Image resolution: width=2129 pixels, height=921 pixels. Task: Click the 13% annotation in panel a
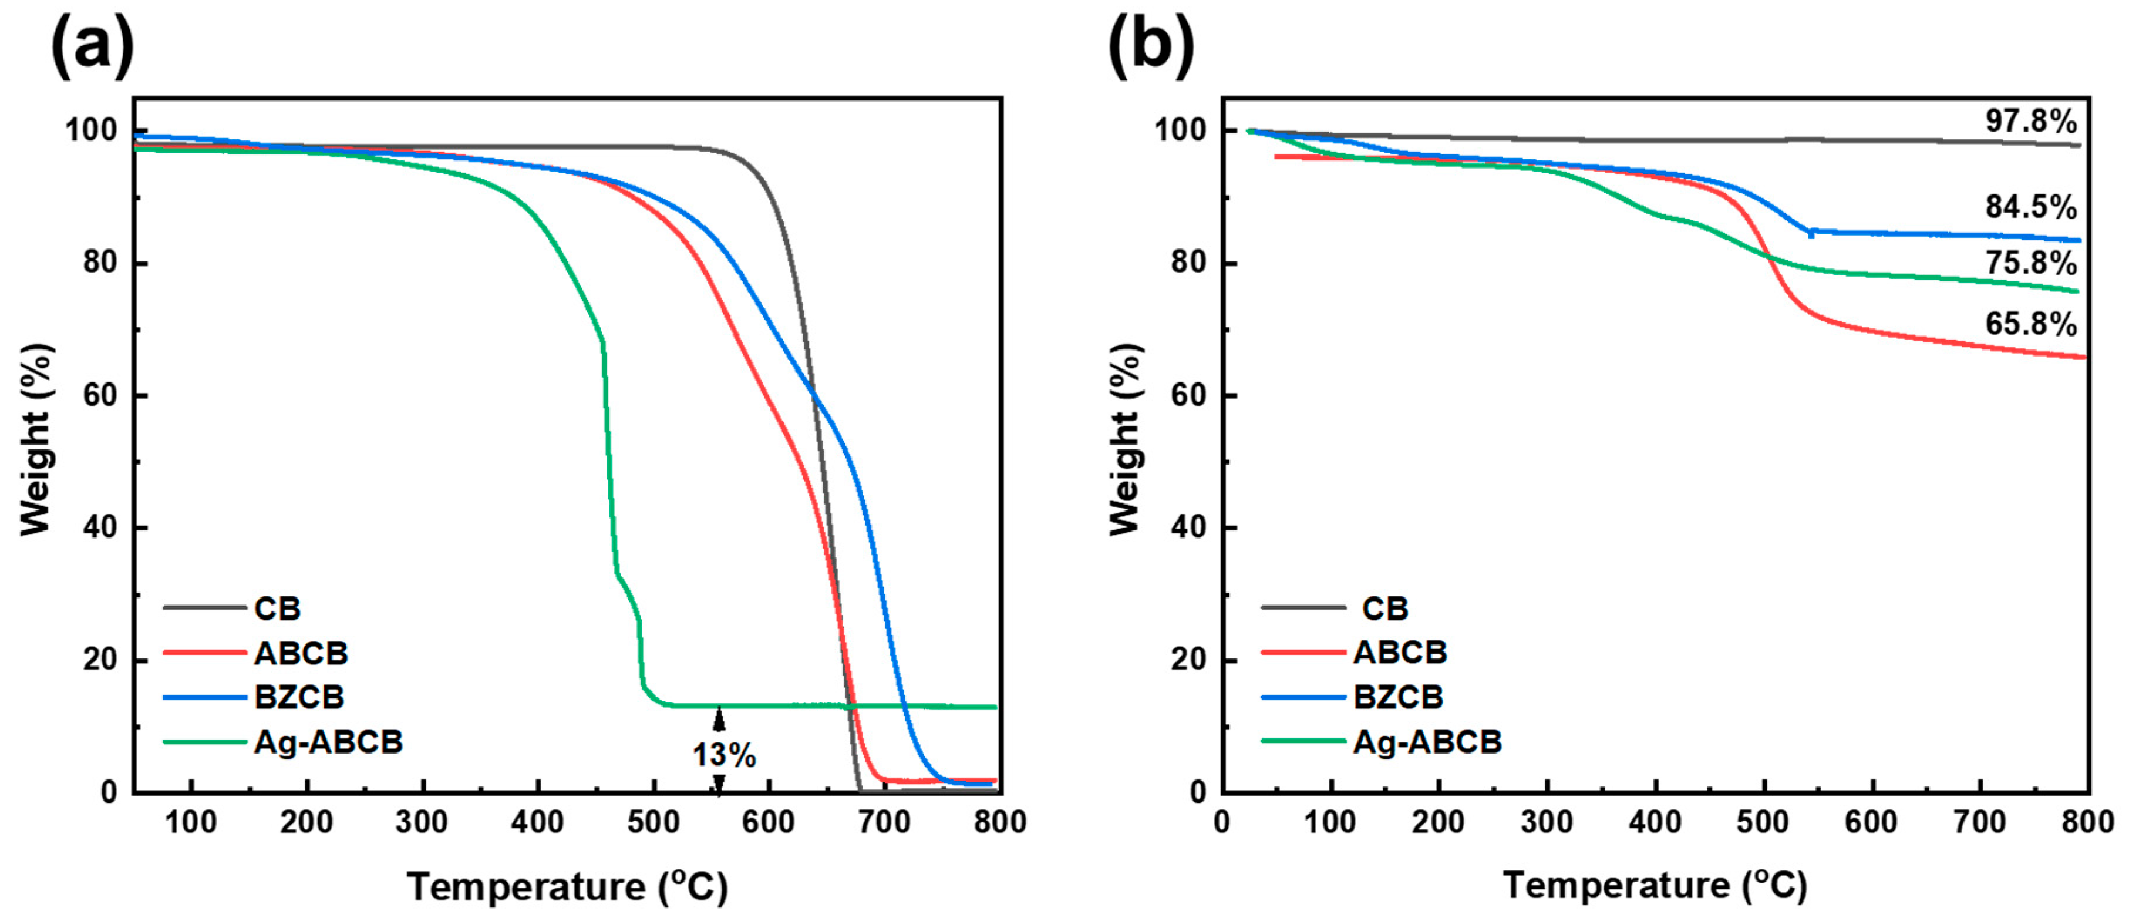coord(723,755)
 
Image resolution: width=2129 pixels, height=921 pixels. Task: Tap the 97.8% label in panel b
coord(2030,122)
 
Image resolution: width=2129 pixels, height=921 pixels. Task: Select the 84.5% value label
coord(2030,207)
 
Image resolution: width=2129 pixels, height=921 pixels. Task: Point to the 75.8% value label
coord(2030,264)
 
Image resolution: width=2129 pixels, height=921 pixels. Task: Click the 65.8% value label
coord(2030,324)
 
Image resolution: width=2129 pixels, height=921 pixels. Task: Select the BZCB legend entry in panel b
coord(1397,697)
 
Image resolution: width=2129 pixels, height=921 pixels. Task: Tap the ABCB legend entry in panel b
coord(1399,653)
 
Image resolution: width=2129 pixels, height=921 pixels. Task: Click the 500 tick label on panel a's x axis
coord(653,823)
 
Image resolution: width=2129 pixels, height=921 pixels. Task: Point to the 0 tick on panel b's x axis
coord(1222,823)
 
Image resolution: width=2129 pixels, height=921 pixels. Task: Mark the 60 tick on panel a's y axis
coord(100,396)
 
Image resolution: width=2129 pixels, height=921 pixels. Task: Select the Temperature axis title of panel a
coord(568,887)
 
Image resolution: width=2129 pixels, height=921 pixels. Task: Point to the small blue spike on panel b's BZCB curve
coord(1811,234)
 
